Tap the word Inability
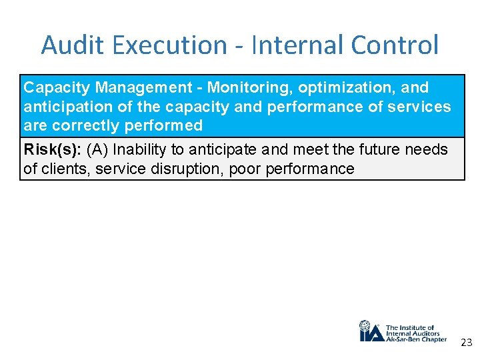140,150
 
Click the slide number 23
466,343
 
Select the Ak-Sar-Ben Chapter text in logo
416,339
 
